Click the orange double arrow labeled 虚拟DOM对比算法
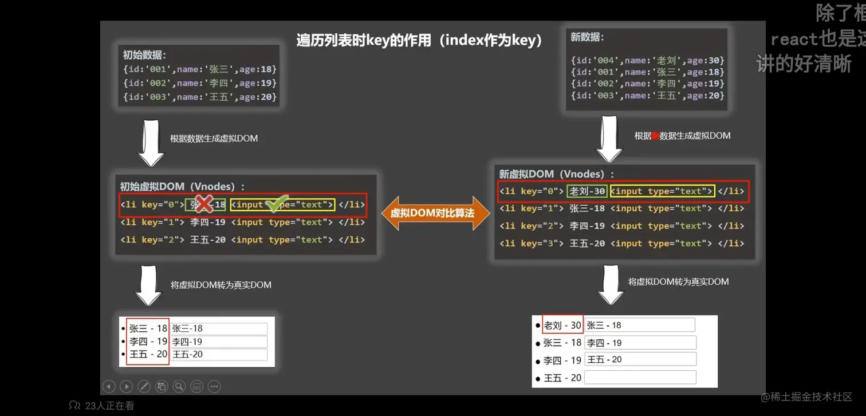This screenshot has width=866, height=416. click(x=436, y=213)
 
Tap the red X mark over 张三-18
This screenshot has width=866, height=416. click(x=203, y=203)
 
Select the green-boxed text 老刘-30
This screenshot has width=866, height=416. click(x=586, y=191)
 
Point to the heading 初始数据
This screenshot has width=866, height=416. click(x=144, y=55)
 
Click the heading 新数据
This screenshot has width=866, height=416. click(x=587, y=37)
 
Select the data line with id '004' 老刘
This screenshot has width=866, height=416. click(x=647, y=60)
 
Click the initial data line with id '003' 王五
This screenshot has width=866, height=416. click(x=200, y=97)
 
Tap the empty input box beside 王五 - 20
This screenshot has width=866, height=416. click(x=640, y=378)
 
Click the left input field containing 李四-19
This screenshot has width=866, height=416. click(x=219, y=342)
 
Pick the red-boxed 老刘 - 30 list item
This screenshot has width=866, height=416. click(x=562, y=325)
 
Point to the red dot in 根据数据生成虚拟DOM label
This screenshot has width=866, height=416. click(x=656, y=136)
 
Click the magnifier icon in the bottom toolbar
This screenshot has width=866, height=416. click(x=179, y=387)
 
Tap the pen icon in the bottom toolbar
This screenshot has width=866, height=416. click(x=144, y=387)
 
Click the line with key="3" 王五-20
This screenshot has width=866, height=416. click(x=621, y=244)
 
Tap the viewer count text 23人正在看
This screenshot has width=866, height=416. click(x=109, y=406)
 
